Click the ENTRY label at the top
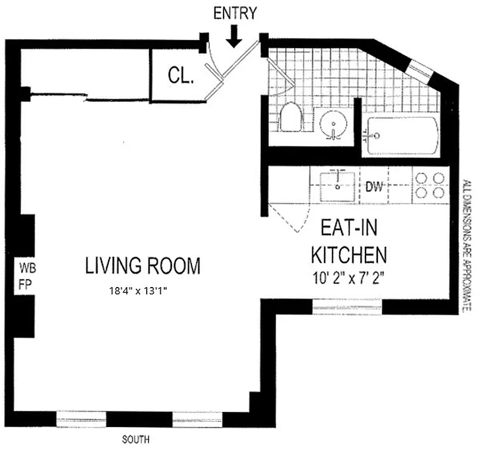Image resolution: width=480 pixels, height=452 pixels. click(x=235, y=13)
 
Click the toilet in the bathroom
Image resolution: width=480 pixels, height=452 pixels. click(x=291, y=118)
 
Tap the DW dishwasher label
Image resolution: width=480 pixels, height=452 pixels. click(x=375, y=186)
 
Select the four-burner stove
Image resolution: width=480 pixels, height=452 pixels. click(x=431, y=185)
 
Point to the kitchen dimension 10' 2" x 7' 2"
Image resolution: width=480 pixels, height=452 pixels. click(x=349, y=278)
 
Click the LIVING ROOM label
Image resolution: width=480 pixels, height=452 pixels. click(x=143, y=266)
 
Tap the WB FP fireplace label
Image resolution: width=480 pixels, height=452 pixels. click(x=25, y=276)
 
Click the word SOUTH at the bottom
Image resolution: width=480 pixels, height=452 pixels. click(x=136, y=438)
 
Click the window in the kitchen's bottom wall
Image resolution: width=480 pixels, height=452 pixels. click(x=347, y=307)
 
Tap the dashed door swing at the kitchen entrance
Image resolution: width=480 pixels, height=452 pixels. click(x=288, y=218)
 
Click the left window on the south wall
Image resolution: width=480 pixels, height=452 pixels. click(x=81, y=419)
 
